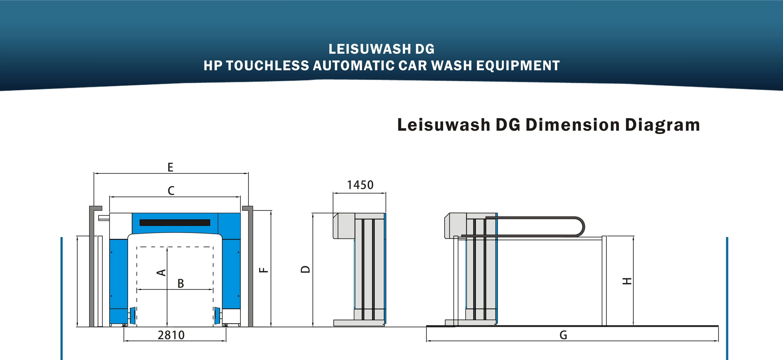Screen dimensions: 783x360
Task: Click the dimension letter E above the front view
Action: [170, 167]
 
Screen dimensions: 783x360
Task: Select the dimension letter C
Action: [171, 191]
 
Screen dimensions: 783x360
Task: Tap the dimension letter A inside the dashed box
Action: [161, 272]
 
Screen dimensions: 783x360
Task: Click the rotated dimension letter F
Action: [263, 270]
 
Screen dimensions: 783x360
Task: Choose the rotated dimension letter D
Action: [306, 269]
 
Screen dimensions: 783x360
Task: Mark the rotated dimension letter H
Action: [627, 281]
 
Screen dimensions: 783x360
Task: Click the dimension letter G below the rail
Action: [563, 335]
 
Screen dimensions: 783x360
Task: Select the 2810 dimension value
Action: [171, 335]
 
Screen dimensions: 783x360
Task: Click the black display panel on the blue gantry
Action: [175, 223]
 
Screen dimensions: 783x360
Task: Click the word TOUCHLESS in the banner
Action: [267, 66]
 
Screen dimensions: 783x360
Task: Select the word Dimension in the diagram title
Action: [572, 125]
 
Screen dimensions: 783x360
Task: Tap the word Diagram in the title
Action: [662, 125]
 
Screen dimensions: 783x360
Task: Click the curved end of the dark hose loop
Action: [581, 227]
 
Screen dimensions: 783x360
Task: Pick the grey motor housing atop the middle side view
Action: [344, 226]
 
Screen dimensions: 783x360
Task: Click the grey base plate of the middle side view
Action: [359, 323]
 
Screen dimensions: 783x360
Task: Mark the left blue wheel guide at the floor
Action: [133, 316]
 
